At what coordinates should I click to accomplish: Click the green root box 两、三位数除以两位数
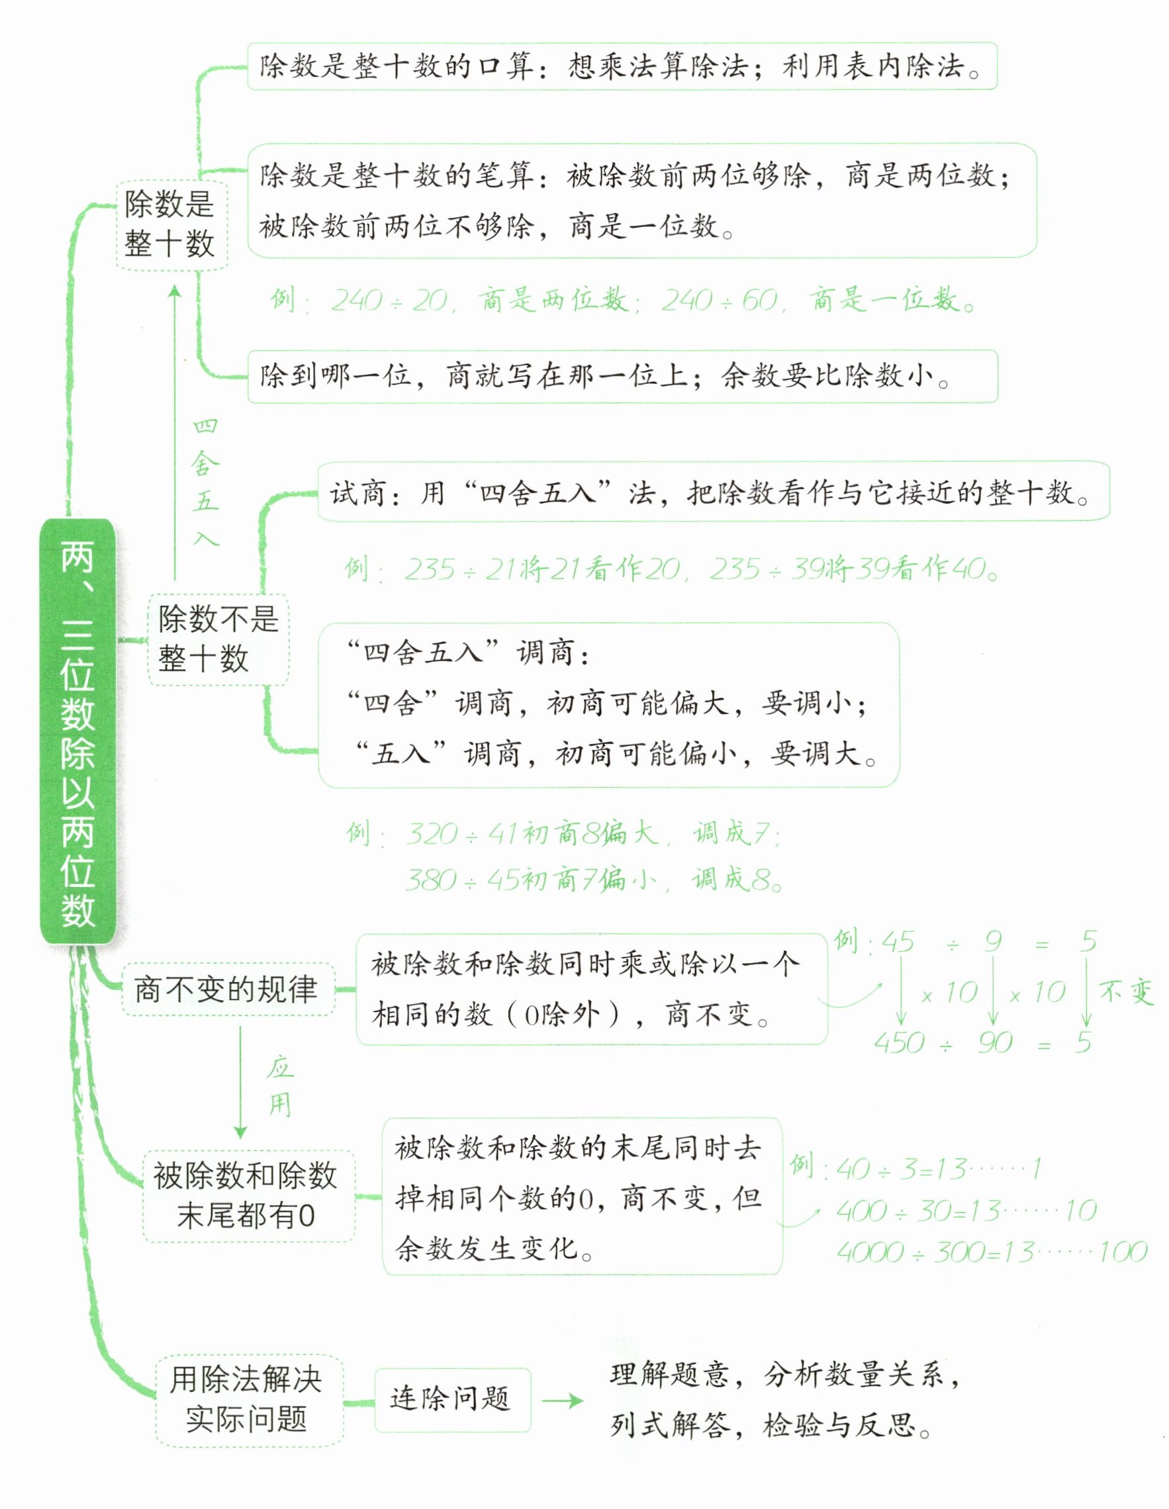tap(77, 731)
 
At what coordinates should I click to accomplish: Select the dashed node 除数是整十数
tap(171, 224)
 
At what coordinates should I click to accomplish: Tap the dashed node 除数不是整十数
tap(218, 639)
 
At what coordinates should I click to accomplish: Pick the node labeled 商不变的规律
tap(226, 989)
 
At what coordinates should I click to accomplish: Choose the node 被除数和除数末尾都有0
tap(247, 1195)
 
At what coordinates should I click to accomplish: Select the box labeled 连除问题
tap(451, 1400)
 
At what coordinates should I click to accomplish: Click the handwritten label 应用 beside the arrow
tap(280, 1087)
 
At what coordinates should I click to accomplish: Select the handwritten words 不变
tap(1126, 993)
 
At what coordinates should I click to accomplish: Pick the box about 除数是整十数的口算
tap(622, 66)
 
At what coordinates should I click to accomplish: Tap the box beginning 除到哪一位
tap(622, 377)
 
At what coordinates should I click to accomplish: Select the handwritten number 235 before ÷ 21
tap(430, 570)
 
